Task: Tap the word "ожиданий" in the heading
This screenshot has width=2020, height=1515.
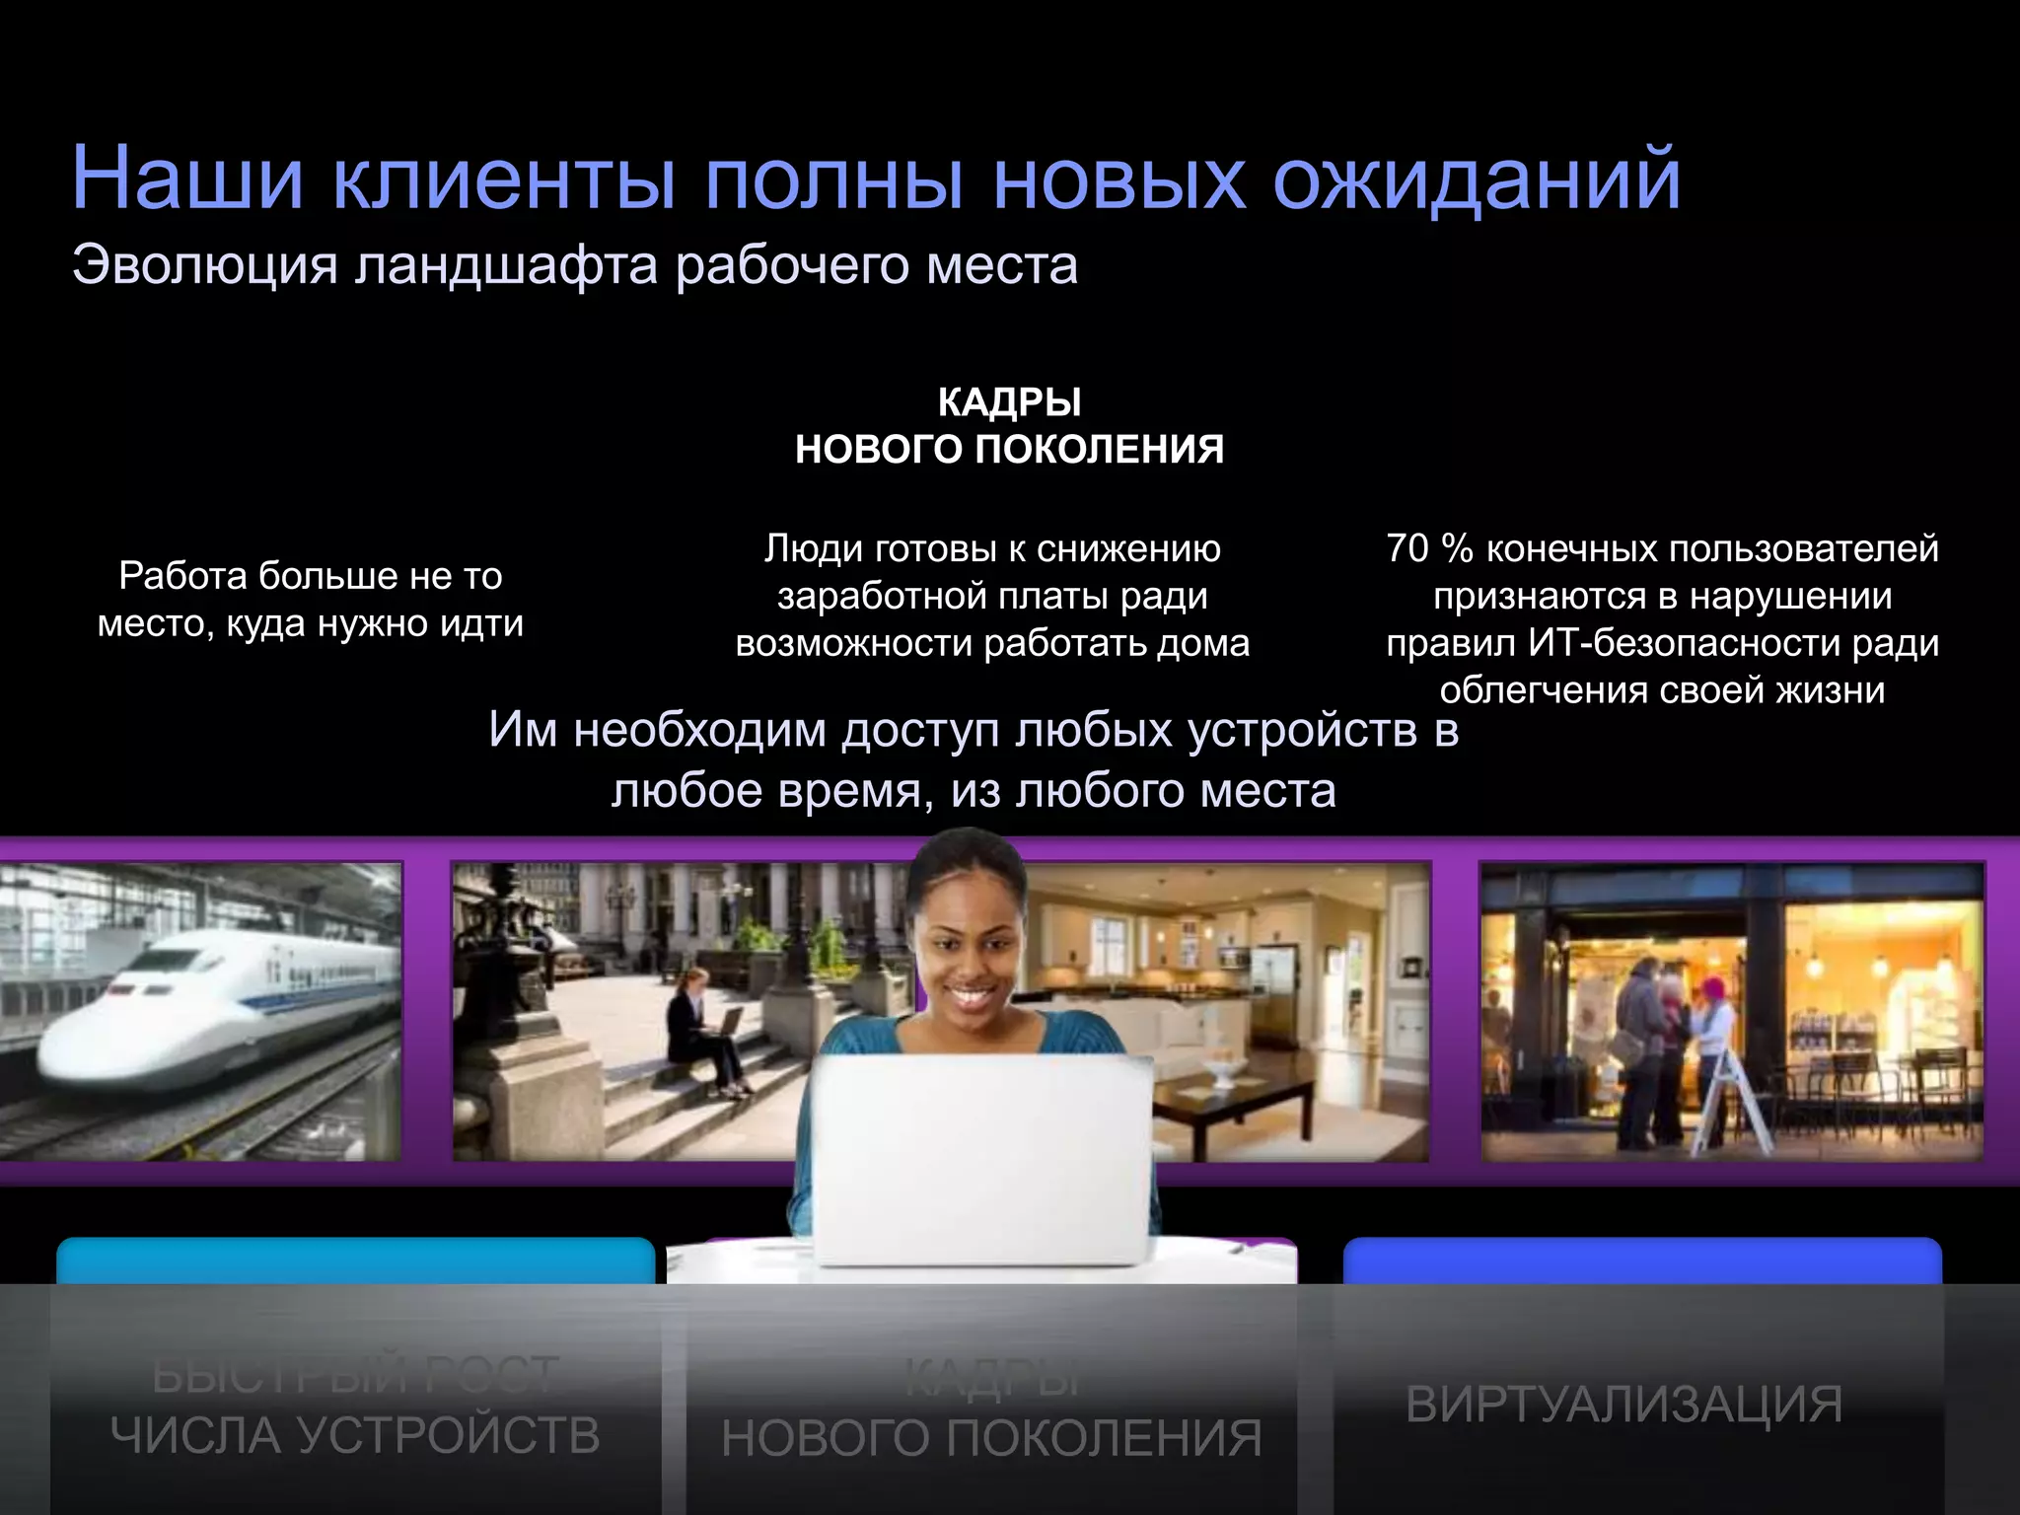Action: tap(1477, 180)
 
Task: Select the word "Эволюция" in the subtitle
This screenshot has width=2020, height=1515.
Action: tap(204, 265)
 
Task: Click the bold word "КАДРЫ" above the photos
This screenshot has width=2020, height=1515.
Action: tap(1009, 402)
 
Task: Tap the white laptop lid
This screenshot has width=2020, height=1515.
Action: tap(983, 1159)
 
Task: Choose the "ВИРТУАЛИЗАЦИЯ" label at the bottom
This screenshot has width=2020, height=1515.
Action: tap(1623, 1404)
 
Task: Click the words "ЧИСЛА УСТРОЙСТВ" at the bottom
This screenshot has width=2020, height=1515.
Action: tap(355, 1435)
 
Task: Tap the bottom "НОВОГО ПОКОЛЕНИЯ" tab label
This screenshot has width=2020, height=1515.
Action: tap(991, 1438)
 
